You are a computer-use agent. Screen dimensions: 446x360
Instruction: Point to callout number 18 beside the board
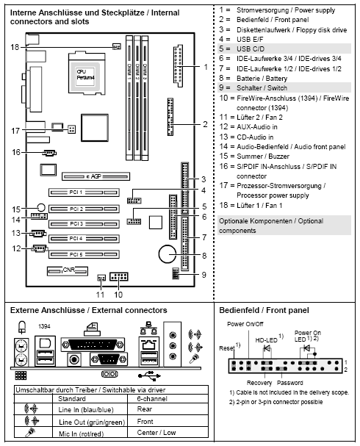[x=15, y=46]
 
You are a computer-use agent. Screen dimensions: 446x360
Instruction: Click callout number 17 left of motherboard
[x=15, y=131]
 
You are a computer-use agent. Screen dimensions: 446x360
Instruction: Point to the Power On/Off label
[x=245, y=325]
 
